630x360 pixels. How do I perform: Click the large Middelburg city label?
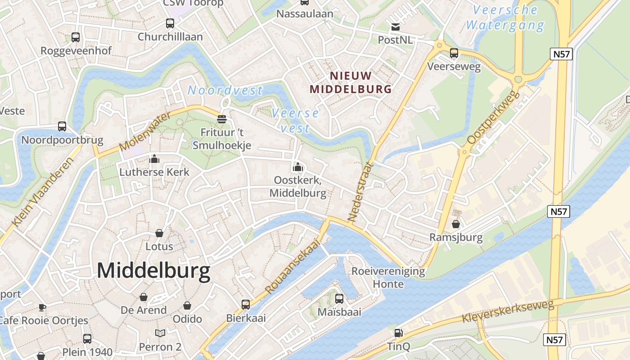point(153,271)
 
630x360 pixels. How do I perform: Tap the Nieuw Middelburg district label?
point(351,82)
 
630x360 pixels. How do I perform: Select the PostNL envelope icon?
point(395,27)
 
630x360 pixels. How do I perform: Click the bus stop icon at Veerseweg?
point(454,53)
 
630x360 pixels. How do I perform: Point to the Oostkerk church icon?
point(297,167)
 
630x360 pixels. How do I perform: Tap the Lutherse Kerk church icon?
point(154,159)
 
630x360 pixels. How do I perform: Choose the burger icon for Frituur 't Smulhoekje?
point(221,119)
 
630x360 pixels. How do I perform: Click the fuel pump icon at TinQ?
point(398,333)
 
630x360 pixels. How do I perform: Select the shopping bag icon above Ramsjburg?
point(456,224)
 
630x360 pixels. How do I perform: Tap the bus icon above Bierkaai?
point(246,305)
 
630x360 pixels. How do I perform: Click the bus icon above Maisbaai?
point(339,298)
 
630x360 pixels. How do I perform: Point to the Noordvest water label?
point(225,90)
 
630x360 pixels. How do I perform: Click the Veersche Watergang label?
point(505,18)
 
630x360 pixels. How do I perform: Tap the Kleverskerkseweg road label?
point(508,311)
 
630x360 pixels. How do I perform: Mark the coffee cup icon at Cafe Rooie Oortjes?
point(42,307)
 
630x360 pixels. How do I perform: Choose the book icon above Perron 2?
point(160,333)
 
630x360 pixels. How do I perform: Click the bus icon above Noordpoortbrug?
point(62,126)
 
